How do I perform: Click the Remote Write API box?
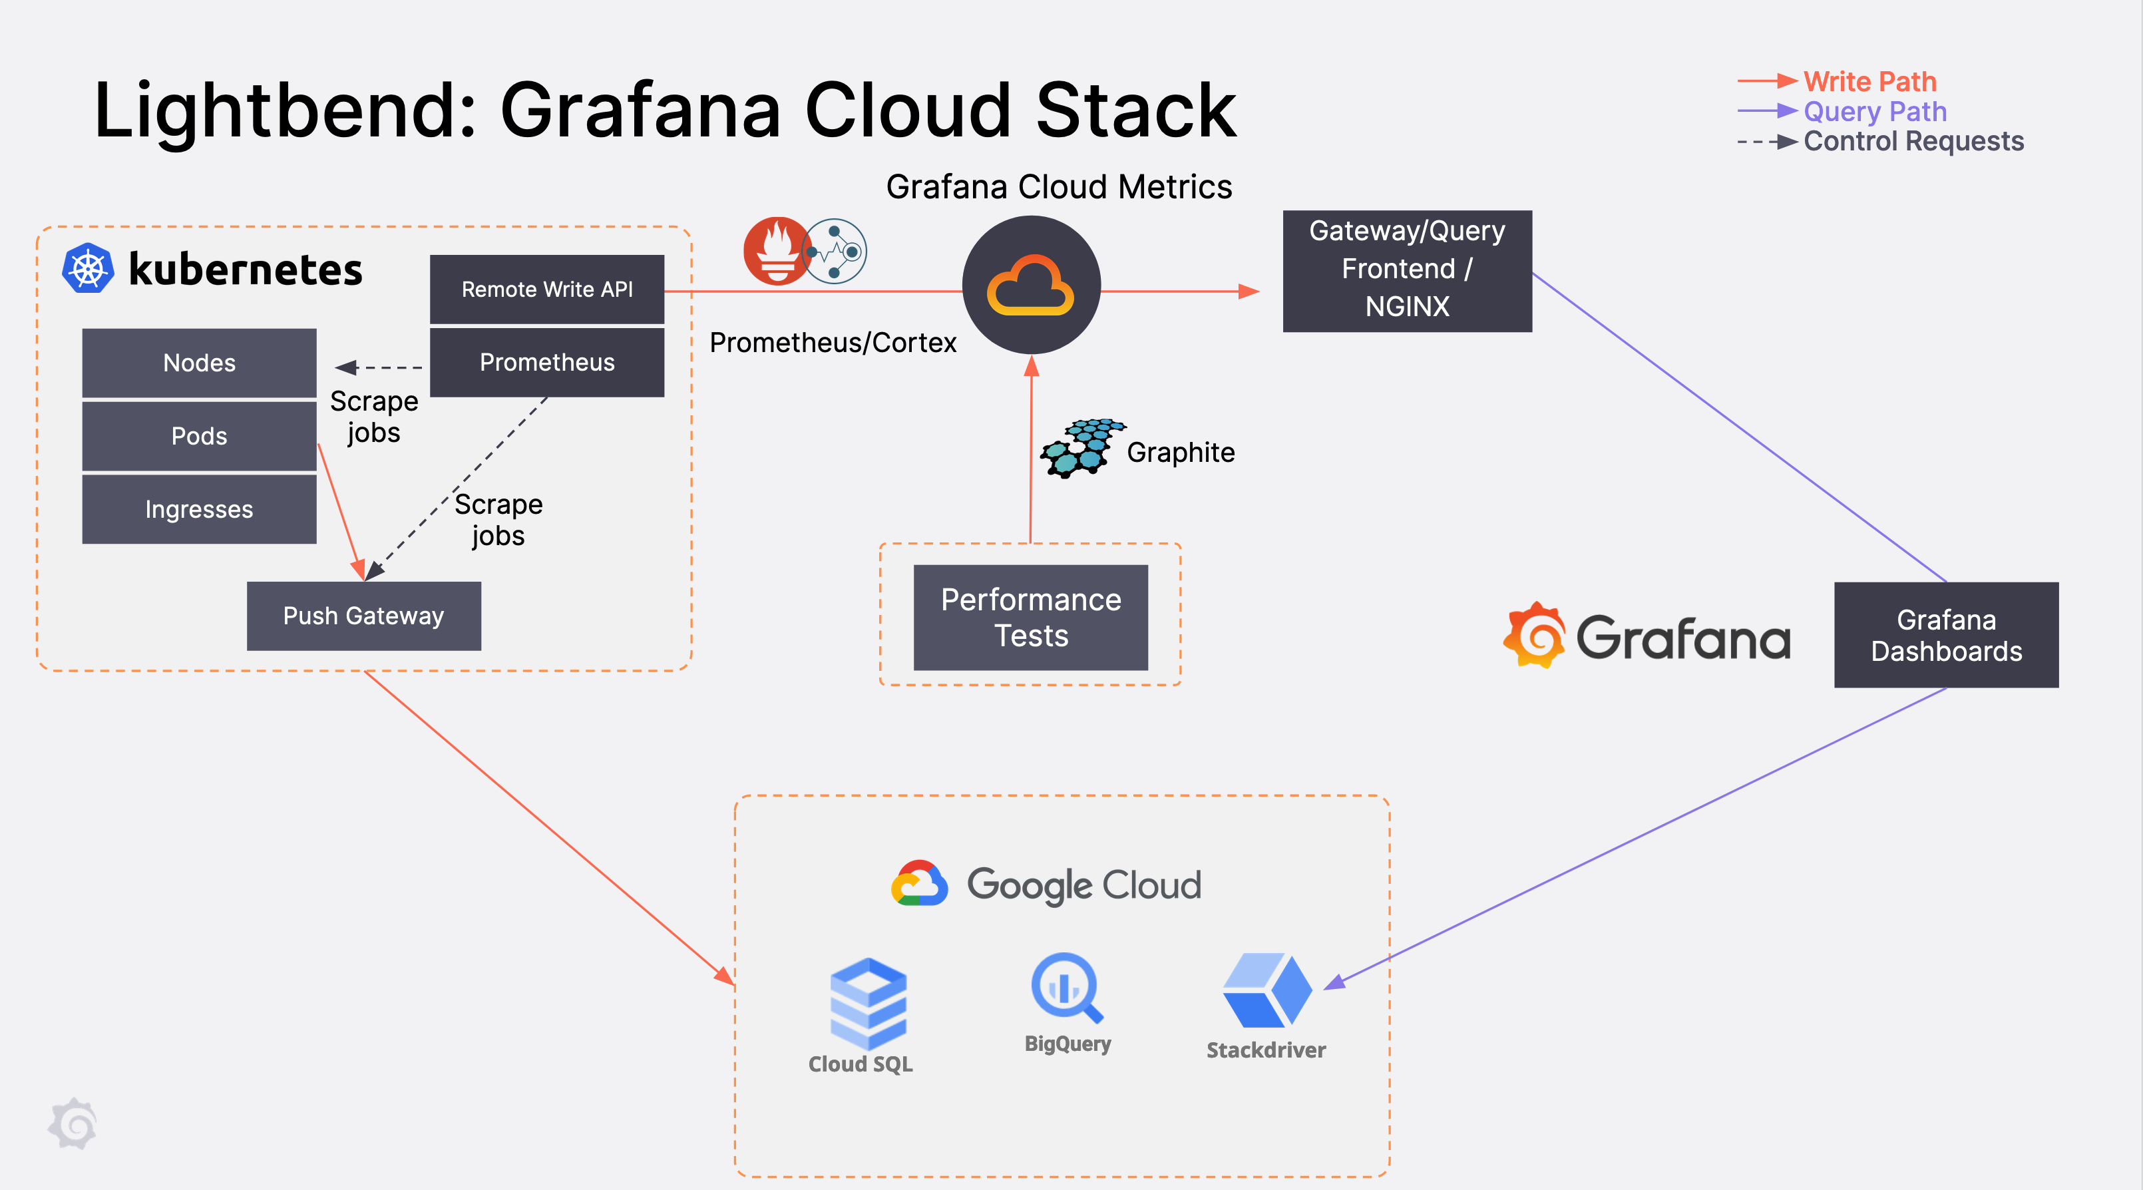pyautogui.click(x=546, y=289)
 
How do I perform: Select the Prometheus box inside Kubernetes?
pyautogui.click(x=546, y=362)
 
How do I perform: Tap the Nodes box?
pyautogui.click(x=199, y=363)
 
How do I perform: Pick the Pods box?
pyautogui.click(x=199, y=436)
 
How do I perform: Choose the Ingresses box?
pyautogui.click(x=199, y=508)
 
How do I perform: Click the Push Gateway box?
pyautogui.click(x=363, y=616)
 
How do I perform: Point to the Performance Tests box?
pyautogui.click(x=1030, y=618)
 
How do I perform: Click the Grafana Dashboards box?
pyautogui.click(x=1946, y=635)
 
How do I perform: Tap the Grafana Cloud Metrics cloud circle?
pyautogui.click(x=1031, y=286)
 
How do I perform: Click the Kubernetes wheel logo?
pyautogui.click(x=88, y=269)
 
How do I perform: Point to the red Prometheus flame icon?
pyautogui.click(x=776, y=250)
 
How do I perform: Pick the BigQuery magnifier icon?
pyautogui.click(x=1066, y=988)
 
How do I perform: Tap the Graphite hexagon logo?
pyautogui.click(x=1081, y=448)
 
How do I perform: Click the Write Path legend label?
pyautogui.click(x=1869, y=82)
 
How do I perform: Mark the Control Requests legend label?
pyautogui.click(x=1913, y=142)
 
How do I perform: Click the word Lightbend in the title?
pyautogui.click(x=284, y=110)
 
